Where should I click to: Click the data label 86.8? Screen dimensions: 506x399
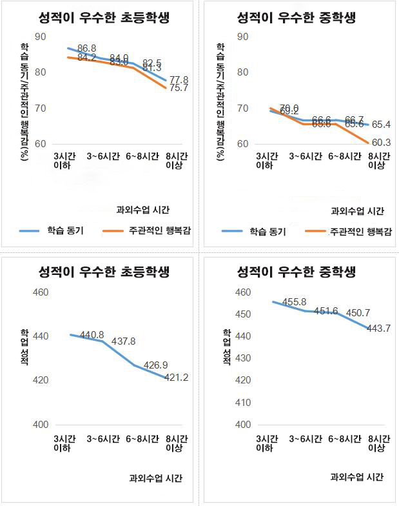(x=87, y=48)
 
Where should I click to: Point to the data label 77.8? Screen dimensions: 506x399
(x=179, y=79)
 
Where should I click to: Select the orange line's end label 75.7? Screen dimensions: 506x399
(x=179, y=88)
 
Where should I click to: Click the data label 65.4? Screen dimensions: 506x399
(x=380, y=124)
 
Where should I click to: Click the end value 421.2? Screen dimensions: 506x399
(x=175, y=378)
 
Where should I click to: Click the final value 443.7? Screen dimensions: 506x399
(x=378, y=328)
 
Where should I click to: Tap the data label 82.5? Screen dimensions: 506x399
(x=152, y=62)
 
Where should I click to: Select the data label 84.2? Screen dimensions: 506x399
(x=86, y=57)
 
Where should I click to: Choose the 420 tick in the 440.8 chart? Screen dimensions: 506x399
(x=41, y=380)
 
